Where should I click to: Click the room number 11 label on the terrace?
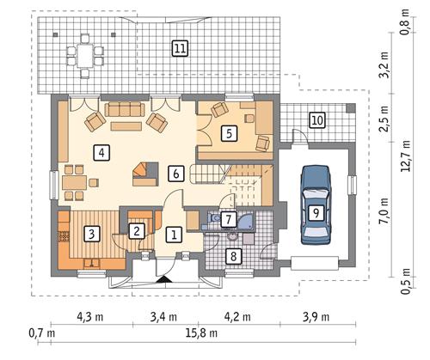pos(179,48)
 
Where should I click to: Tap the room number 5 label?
pos(228,133)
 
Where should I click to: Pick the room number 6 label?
pos(175,173)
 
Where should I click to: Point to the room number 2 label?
pos(136,229)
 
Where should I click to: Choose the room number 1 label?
pos(173,234)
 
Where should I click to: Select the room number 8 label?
pos(232,254)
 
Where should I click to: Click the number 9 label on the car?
pos(316,211)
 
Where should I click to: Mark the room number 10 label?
pos(316,119)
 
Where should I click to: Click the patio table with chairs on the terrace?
pos(84,52)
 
